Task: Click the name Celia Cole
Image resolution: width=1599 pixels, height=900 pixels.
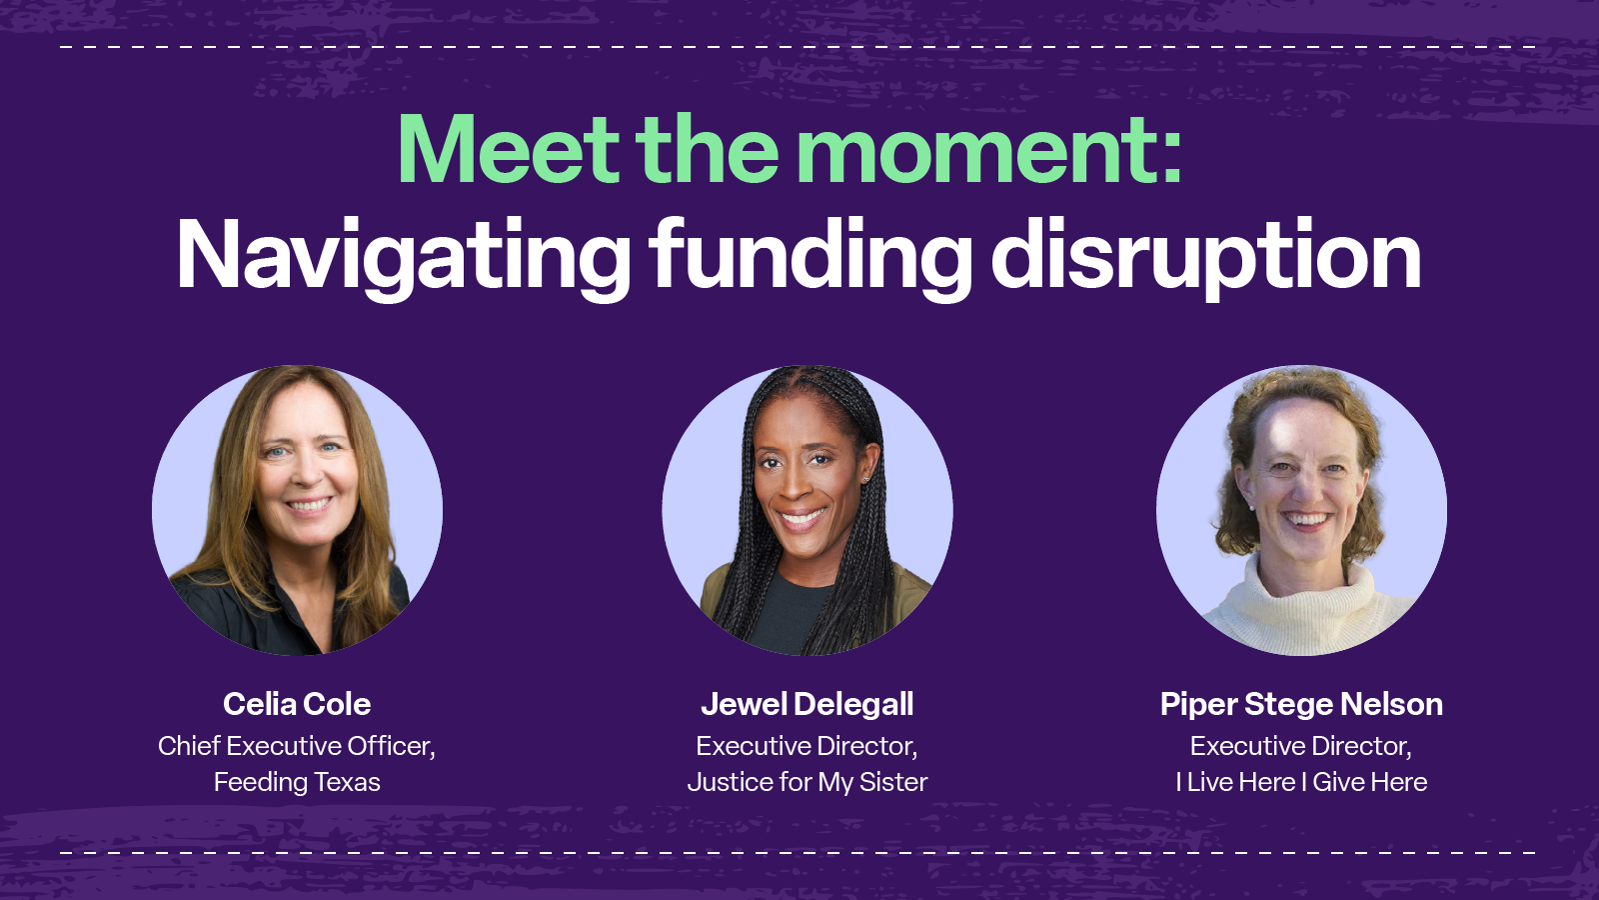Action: (x=297, y=704)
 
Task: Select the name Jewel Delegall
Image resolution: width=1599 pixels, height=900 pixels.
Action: (x=806, y=704)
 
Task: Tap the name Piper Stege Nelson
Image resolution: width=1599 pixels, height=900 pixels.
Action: (x=1301, y=704)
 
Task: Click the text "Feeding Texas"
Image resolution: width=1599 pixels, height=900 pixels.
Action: (x=297, y=782)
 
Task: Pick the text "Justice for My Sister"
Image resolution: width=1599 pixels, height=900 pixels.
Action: (x=806, y=782)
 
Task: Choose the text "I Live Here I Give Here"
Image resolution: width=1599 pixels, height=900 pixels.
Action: (x=1301, y=782)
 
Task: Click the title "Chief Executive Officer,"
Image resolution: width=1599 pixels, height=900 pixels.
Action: (x=297, y=746)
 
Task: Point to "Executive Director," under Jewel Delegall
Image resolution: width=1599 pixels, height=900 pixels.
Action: (x=806, y=746)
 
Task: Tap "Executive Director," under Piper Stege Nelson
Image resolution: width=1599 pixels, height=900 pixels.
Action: (x=1301, y=746)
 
